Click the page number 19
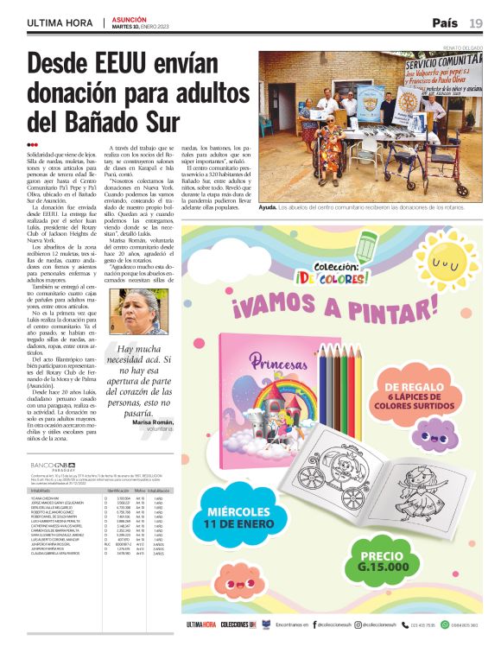[x=476, y=22]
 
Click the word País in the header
[x=445, y=22]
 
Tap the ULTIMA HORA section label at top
[x=60, y=22]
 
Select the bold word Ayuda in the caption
[x=268, y=208]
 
